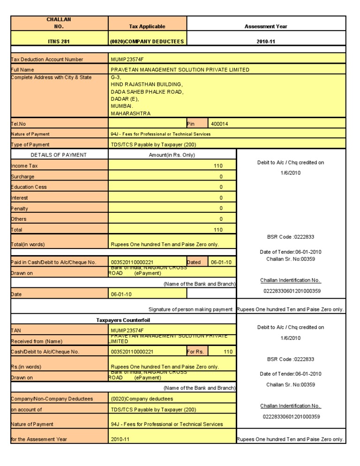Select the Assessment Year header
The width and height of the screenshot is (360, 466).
point(266,26)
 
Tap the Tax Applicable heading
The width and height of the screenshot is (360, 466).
point(147,26)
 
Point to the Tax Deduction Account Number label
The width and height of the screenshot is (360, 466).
point(47,60)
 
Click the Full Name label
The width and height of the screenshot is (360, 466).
point(22,70)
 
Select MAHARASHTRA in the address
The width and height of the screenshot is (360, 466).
point(131,113)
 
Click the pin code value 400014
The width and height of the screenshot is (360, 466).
point(220,124)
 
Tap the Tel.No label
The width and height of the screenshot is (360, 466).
point(19,124)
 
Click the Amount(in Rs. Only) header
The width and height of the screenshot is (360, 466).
point(172,155)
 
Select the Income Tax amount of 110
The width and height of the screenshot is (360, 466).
point(218,165)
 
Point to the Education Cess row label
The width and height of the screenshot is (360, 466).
point(29,187)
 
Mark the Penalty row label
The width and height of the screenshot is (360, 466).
point(20,208)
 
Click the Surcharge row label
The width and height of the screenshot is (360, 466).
point(23,177)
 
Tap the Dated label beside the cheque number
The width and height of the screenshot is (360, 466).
point(194,262)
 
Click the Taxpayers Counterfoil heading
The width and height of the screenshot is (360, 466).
point(123,320)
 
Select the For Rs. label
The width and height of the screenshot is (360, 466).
point(195,351)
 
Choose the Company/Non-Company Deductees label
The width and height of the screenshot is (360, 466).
point(52,399)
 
